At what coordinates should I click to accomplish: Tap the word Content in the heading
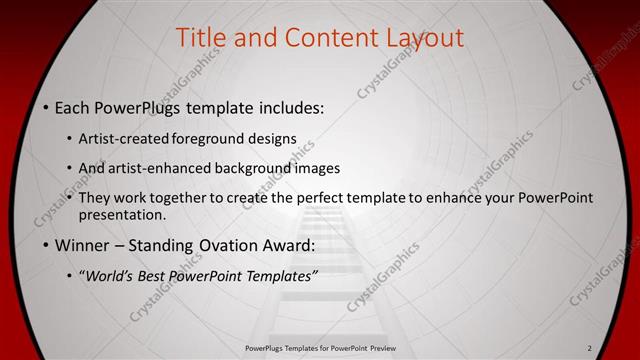[325, 38]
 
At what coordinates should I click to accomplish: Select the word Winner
[82, 244]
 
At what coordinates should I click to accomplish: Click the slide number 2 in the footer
[590, 347]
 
